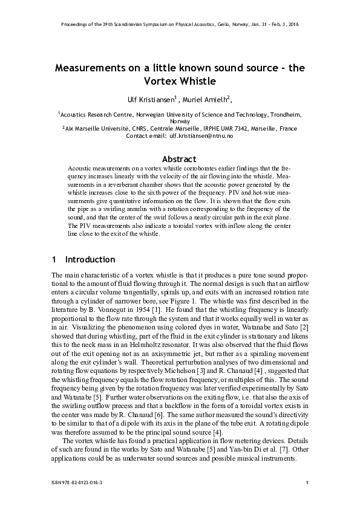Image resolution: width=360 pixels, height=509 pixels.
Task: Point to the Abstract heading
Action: [x=180, y=159]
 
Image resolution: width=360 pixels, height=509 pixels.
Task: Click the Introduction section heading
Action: [x=90, y=259]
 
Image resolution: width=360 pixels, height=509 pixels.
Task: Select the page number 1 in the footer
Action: [x=308, y=482]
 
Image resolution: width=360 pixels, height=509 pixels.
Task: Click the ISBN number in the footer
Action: [x=76, y=482]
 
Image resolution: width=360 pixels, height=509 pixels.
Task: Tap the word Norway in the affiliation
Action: [x=180, y=121]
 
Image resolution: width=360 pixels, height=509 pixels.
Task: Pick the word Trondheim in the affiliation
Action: [x=283, y=114]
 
